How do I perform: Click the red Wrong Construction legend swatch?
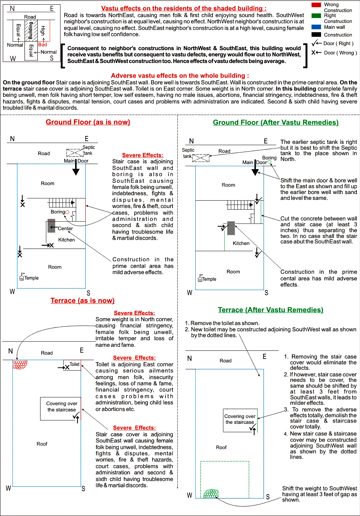click(x=316, y=5)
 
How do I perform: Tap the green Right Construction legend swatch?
click(x=316, y=16)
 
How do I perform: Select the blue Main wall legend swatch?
click(x=316, y=27)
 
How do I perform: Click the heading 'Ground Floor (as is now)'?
click(x=88, y=122)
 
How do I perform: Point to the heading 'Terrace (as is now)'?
click(x=83, y=301)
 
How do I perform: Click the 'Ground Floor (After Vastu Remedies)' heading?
click(x=276, y=122)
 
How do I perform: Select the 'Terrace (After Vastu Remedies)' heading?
click(x=270, y=310)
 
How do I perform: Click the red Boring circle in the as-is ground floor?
click(x=67, y=212)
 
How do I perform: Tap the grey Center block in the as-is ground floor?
click(x=51, y=226)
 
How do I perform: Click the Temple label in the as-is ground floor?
click(x=32, y=278)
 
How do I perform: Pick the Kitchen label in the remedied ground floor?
click(x=241, y=243)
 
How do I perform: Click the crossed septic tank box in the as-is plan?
click(x=74, y=152)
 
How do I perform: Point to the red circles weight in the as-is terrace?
click(x=20, y=365)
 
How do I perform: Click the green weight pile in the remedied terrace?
click(x=211, y=494)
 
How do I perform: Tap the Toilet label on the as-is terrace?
click(x=74, y=364)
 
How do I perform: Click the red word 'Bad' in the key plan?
click(x=42, y=45)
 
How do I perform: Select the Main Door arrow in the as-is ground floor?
click(x=76, y=168)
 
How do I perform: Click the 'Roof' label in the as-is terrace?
click(x=42, y=444)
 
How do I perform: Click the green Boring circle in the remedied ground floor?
click(x=269, y=162)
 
